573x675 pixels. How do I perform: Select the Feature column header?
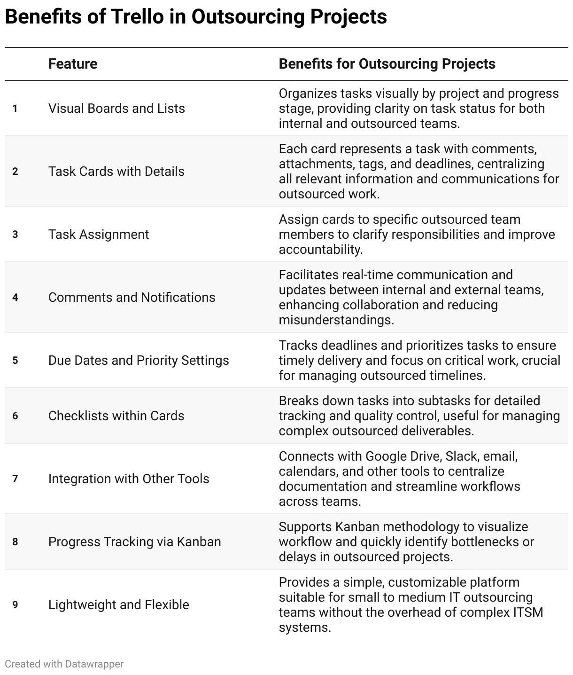[73, 64]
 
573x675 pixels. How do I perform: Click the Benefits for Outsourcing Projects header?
[387, 64]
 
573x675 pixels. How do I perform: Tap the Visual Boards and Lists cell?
[116, 109]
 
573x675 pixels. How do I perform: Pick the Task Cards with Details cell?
[116, 172]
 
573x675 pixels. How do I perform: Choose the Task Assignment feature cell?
[99, 235]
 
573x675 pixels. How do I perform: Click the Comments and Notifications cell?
[132, 298]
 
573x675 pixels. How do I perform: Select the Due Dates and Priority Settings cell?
[139, 361]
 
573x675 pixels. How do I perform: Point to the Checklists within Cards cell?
[116, 416]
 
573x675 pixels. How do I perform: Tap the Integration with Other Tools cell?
[129, 479]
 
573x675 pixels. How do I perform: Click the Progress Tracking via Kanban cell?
[134, 542]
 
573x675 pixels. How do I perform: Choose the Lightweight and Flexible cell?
[119, 605]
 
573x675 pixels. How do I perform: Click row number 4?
[15, 298]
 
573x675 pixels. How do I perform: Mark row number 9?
[15, 605]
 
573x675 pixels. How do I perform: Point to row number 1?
[15, 109]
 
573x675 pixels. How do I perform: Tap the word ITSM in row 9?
[527, 612]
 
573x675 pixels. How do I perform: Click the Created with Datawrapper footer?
[64, 664]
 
